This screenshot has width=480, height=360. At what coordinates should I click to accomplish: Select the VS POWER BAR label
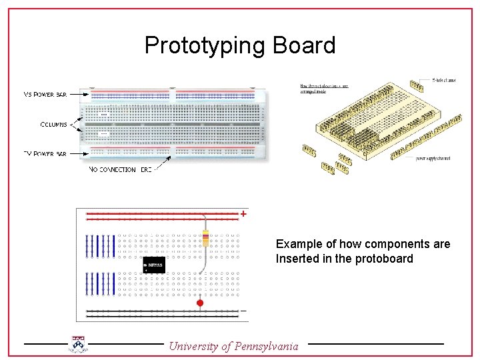[x=45, y=95]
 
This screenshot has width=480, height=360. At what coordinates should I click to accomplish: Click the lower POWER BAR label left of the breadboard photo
[x=45, y=153]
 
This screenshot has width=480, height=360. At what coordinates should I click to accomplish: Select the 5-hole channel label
[x=444, y=81]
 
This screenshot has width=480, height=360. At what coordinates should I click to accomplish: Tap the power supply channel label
[x=433, y=158]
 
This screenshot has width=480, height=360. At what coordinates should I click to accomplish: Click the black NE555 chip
[x=154, y=265]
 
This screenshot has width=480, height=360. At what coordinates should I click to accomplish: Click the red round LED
[x=199, y=303]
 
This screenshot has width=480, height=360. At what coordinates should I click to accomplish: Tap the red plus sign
[x=244, y=214]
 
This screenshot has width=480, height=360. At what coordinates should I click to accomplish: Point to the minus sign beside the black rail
[x=243, y=311]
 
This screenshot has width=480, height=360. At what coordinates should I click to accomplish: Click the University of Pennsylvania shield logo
[x=79, y=343]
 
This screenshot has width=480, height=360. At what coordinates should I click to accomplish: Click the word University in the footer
[x=195, y=346]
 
